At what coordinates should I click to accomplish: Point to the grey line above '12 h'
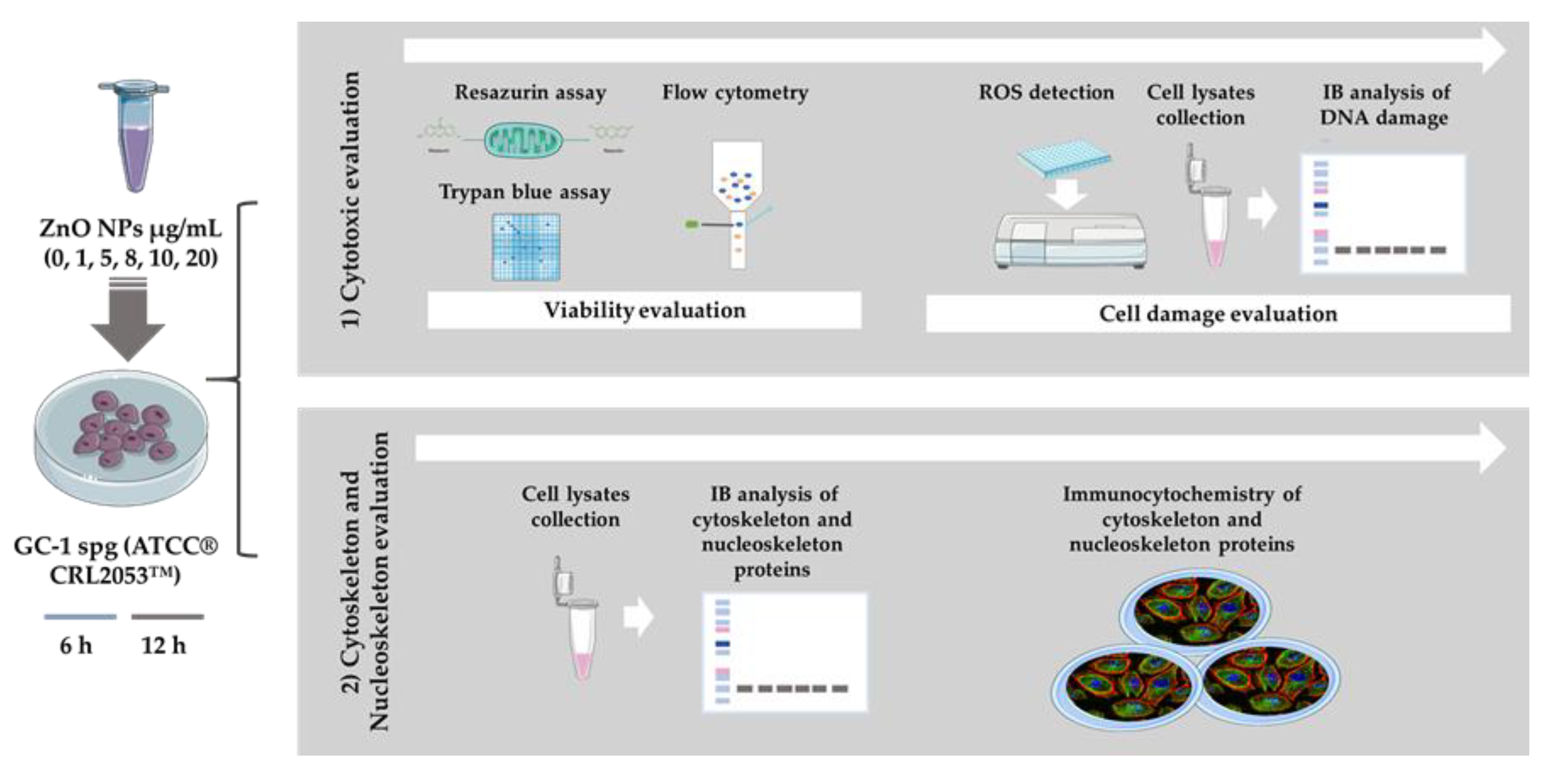[167, 617]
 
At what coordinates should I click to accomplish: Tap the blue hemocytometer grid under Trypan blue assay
[526, 246]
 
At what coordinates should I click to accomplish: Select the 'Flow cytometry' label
[735, 92]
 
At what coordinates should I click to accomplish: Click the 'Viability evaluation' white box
[644, 311]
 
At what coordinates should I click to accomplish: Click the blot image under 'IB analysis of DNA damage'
[1382, 213]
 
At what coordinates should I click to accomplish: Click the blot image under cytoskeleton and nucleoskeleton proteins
[784, 652]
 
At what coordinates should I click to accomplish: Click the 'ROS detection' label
[1046, 92]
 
